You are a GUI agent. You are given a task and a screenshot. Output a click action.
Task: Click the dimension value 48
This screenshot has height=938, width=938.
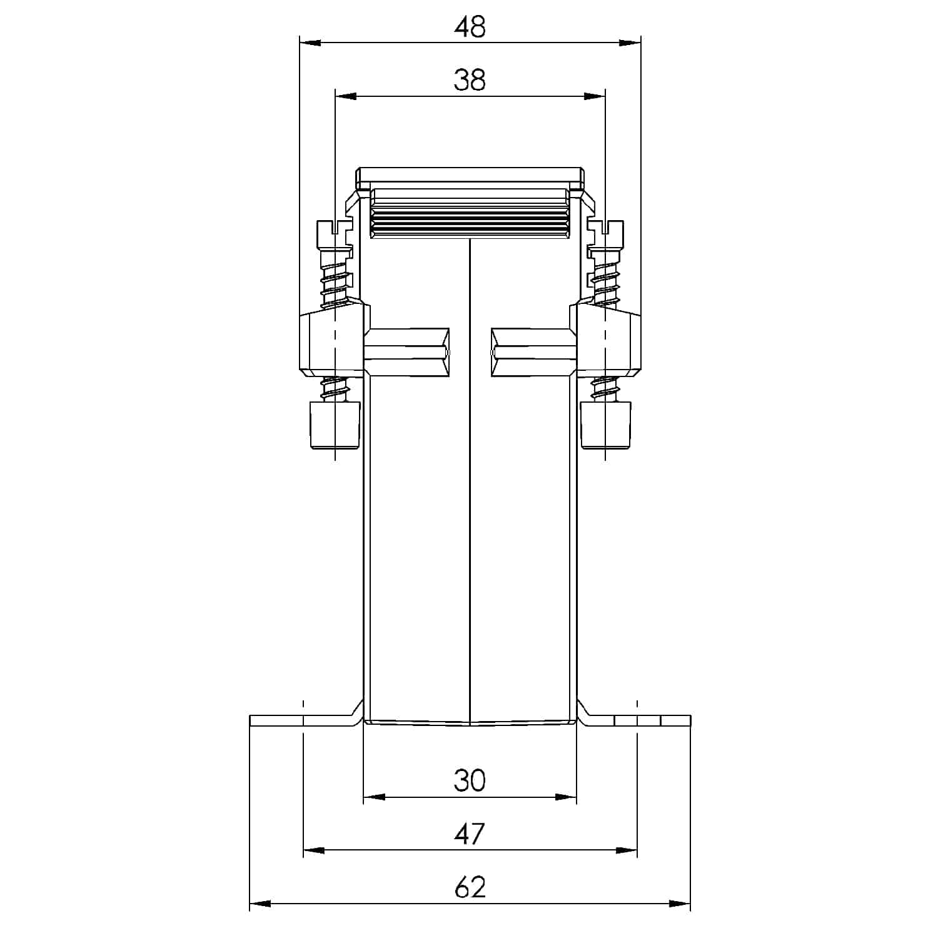point(470,28)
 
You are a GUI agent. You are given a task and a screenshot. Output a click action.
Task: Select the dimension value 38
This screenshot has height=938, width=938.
point(470,81)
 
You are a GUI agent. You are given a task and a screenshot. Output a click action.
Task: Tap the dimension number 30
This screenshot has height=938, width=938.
point(470,781)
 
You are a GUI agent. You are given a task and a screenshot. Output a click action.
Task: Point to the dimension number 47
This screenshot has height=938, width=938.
point(470,834)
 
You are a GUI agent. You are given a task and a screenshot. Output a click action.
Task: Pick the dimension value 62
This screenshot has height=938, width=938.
point(470,887)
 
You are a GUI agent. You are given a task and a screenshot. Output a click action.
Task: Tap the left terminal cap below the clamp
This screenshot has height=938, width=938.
point(335,425)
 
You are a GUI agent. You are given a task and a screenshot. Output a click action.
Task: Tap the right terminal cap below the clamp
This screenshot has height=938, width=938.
point(605,425)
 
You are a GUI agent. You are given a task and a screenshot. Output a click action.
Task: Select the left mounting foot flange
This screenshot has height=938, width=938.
point(300,720)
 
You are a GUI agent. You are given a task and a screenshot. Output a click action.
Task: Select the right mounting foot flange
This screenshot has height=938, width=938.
point(638,720)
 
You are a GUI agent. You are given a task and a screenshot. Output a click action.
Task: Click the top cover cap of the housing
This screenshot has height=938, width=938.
point(470,178)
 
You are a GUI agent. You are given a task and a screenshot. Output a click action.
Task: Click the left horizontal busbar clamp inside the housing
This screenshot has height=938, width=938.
point(406,353)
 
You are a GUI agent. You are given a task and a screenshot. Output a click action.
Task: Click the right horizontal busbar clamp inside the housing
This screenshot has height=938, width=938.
point(533,353)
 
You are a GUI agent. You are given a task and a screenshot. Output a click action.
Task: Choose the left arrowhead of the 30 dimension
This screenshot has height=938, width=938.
point(374,797)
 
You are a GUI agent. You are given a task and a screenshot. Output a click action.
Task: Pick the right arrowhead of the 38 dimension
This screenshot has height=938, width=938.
point(595,96)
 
